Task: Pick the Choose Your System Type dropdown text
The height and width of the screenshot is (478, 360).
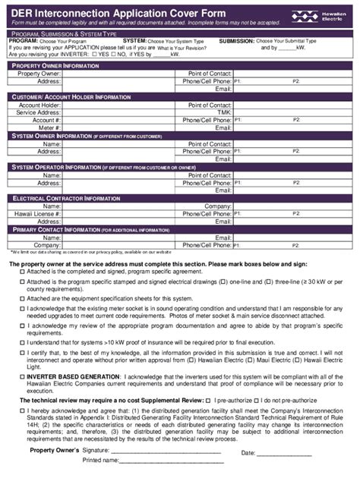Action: tap(177, 40)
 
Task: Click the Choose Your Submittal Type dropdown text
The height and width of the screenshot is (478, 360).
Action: tap(286, 40)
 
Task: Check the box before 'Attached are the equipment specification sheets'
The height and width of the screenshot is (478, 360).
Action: tap(22, 298)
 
